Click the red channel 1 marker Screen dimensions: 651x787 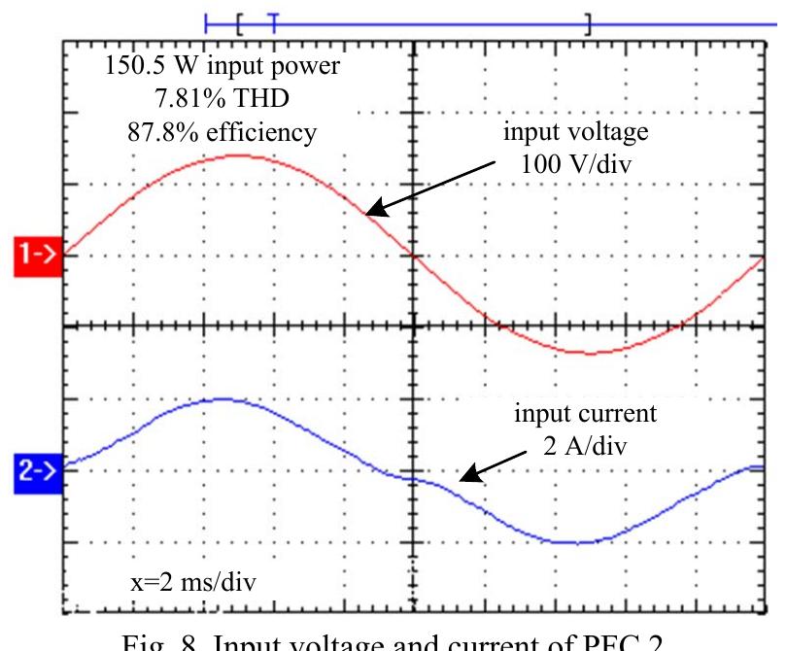click(37, 256)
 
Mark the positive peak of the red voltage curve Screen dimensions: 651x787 click(238, 155)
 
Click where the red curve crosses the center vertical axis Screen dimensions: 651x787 click(415, 256)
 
